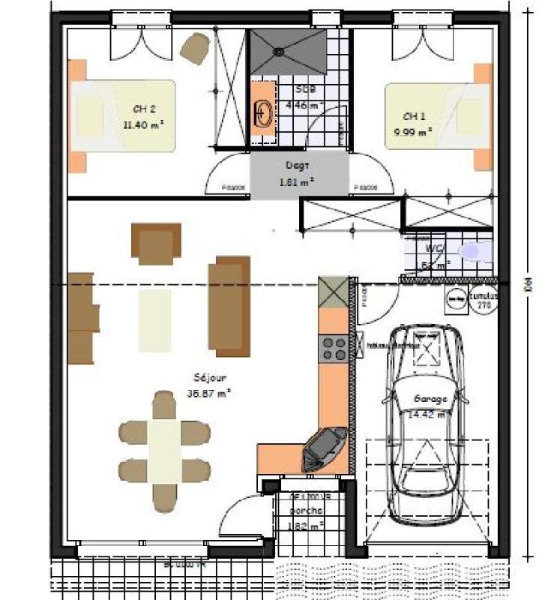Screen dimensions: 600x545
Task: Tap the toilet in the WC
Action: (473, 252)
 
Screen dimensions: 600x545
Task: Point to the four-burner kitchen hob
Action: (333, 348)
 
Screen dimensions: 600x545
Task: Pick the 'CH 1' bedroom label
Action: (415, 116)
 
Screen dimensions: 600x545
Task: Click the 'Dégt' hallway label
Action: (298, 165)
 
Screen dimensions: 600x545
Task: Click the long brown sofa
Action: (229, 306)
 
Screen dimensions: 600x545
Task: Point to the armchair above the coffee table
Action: (157, 243)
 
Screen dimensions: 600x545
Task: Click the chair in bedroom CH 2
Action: (196, 48)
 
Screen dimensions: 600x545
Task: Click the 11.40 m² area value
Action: (144, 124)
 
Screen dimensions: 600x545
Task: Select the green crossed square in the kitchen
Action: (334, 292)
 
